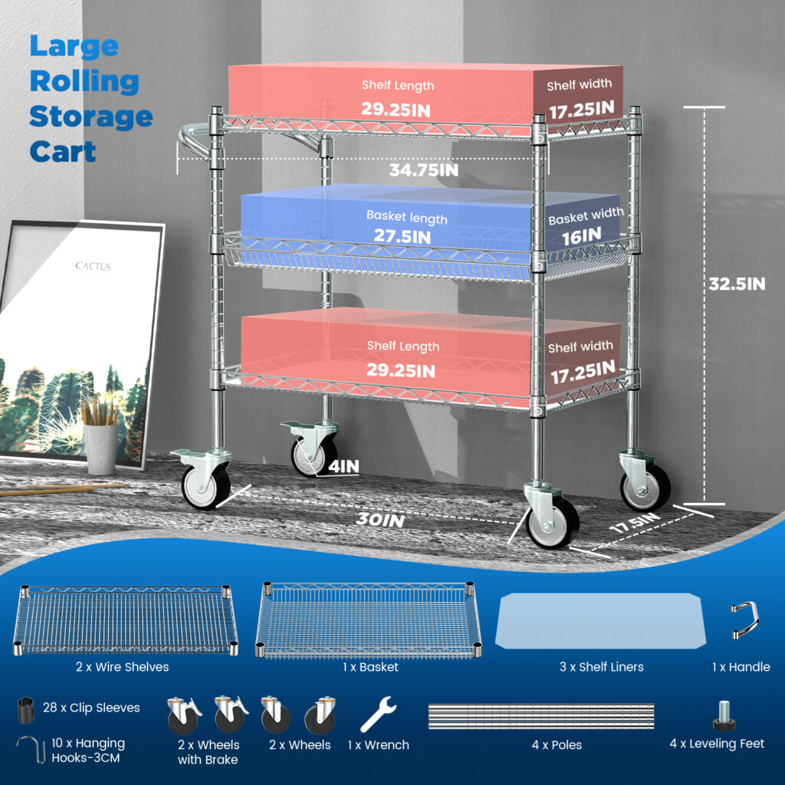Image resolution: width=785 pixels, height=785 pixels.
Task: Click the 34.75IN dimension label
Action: coord(423,169)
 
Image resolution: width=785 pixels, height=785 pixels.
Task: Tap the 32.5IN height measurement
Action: coord(735,284)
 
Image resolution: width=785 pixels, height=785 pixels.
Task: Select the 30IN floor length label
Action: coord(379,520)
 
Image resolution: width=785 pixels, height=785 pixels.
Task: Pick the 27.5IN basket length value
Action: coord(402,236)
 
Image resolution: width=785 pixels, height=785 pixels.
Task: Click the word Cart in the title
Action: coord(63,151)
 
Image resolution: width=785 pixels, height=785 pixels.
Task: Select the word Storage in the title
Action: coord(90,117)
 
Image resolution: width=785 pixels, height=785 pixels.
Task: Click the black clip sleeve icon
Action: coord(26,708)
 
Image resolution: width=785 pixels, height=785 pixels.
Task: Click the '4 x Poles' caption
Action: coord(557,744)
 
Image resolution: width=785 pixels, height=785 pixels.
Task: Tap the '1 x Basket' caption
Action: coord(370,667)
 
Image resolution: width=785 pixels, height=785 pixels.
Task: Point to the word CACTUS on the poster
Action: coord(93,266)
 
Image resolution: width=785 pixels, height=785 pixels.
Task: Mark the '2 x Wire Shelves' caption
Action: coord(122,667)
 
